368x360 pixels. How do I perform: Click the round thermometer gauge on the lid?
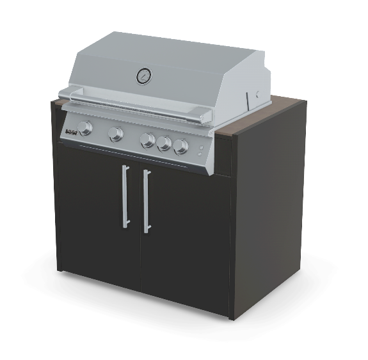tap(143, 76)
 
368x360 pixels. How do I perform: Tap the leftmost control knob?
tap(86, 128)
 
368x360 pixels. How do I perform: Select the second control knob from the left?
tap(116, 135)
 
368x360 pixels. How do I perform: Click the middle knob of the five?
tap(148, 140)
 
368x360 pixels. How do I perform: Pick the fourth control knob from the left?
tap(164, 143)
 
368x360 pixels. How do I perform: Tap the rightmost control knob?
tap(182, 147)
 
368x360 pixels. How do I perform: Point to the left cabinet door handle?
tap(125, 195)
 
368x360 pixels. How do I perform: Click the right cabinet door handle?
tap(147, 201)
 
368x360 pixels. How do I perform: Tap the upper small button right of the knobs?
tap(200, 148)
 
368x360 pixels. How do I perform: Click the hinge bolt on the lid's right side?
tap(259, 94)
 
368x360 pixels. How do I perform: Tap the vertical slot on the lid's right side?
tap(248, 101)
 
